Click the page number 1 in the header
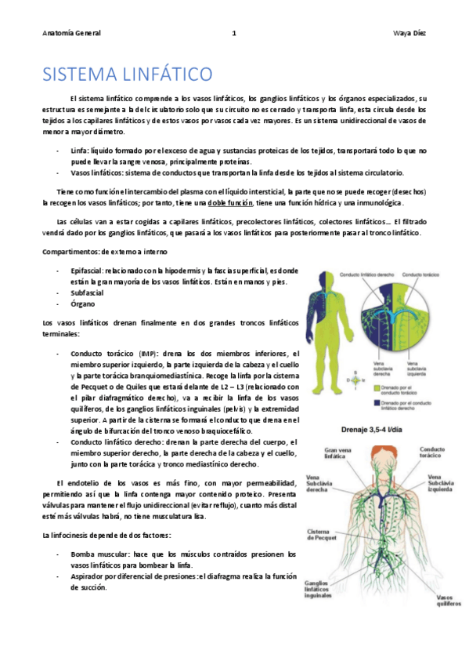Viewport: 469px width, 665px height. (234, 33)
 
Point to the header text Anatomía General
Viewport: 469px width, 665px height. (72, 33)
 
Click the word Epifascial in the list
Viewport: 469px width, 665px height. (86, 271)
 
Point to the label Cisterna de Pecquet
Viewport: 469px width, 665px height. (320, 536)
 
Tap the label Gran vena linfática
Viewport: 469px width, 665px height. (328, 452)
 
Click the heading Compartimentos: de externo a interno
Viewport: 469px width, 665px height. (104, 251)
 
